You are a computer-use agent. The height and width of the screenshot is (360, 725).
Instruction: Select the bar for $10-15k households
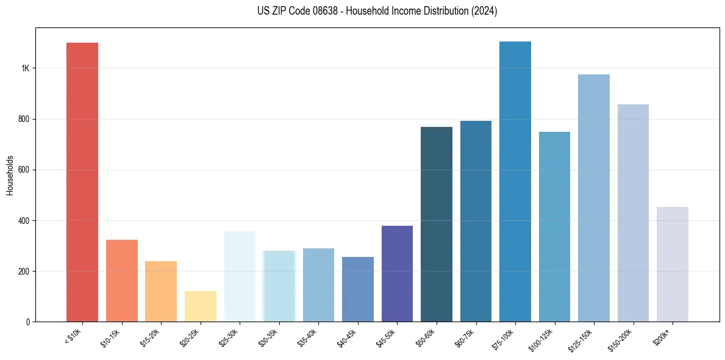pos(121,281)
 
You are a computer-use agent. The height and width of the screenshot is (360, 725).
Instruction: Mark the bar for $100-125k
pos(554,226)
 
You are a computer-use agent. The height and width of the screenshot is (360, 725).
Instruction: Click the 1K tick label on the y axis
pos(25,68)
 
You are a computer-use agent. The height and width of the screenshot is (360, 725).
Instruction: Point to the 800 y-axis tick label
pos(24,119)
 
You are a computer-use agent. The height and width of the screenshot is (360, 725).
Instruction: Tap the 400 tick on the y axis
pos(24,220)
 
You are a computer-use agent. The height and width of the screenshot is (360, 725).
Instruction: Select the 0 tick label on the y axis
pos(28,322)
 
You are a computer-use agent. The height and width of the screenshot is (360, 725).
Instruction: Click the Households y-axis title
pos(10,175)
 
